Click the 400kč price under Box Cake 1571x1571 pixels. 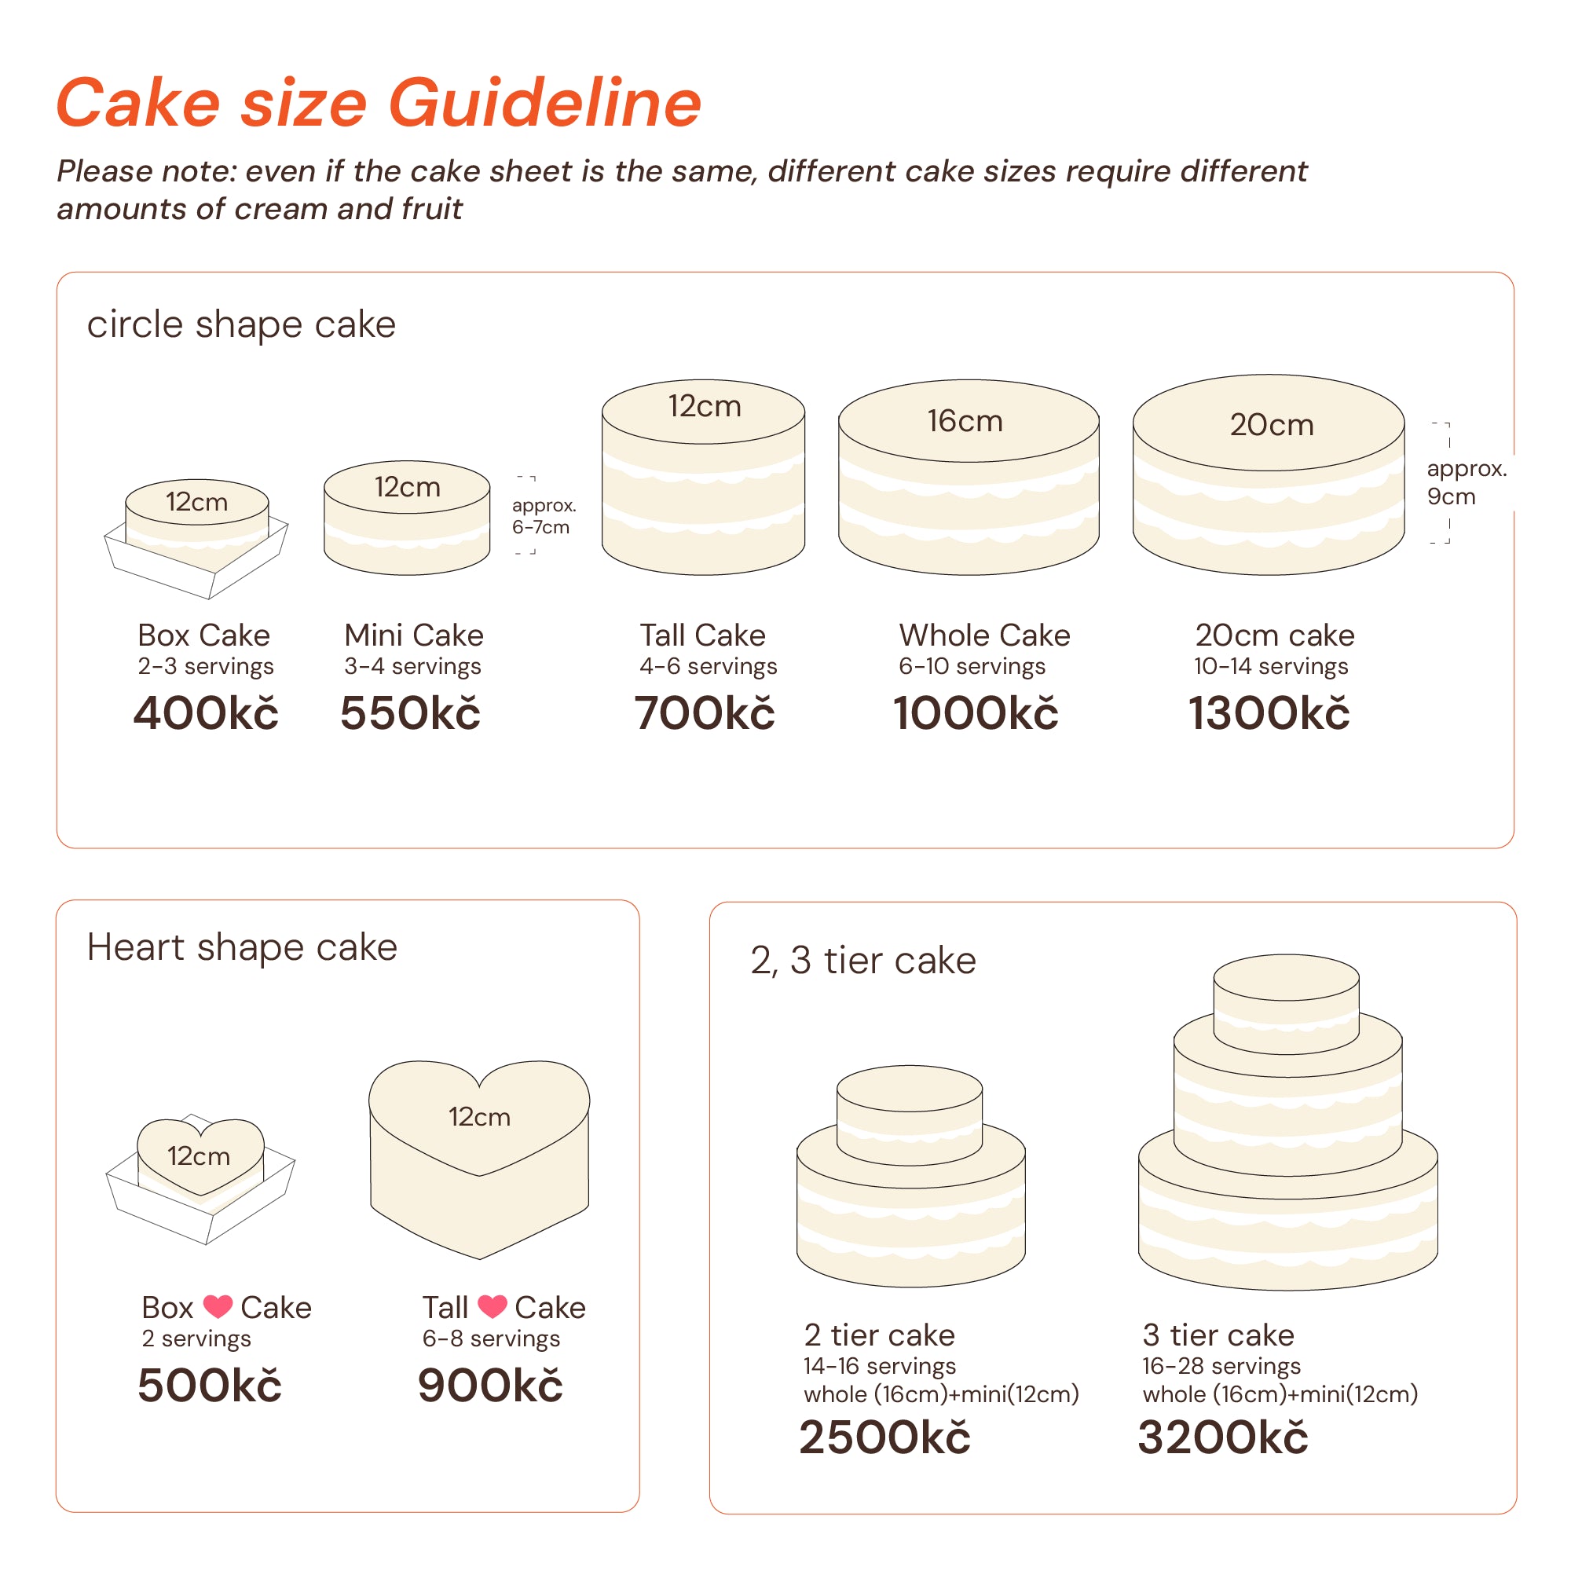click(206, 713)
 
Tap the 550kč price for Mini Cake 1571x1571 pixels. click(410, 713)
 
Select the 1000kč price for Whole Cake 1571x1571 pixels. click(976, 713)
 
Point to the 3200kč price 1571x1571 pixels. click(1223, 1437)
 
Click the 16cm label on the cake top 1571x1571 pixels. click(965, 421)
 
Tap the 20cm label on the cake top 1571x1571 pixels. click(1272, 424)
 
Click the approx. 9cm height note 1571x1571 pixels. click(1466, 482)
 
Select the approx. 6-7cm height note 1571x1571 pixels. click(544, 515)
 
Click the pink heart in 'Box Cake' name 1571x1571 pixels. click(217, 1307)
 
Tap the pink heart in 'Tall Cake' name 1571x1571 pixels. click(492, 1307)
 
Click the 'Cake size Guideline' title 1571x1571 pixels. click(379, 103)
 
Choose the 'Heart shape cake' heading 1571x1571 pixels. click(241, 948)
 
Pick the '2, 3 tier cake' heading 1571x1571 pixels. click(862, 961)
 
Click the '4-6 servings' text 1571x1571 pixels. click(709, 666)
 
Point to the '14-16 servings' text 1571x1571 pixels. click(879, 1366)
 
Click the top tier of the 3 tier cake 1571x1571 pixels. click(1287, 1005)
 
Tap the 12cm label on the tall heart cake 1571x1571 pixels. click(479, 1117)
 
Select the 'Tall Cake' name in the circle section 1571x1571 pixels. click(702, 635)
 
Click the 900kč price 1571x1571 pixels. click(489, 1386)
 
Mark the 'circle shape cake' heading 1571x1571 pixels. click(241, 325)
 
